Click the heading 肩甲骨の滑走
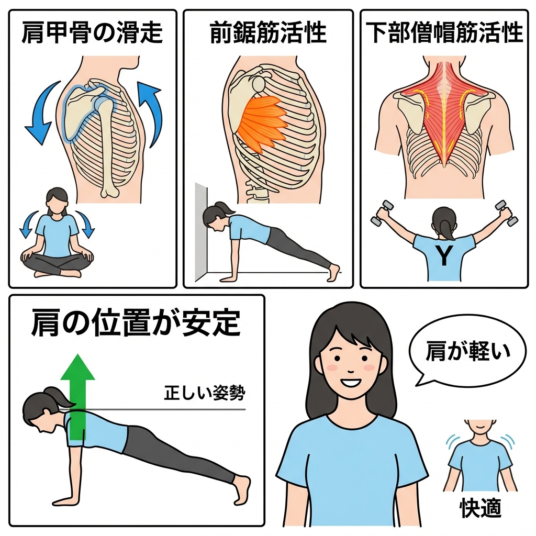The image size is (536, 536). point(92,32)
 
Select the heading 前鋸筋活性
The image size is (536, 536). point(269,32)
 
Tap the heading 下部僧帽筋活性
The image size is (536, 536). point(444,32)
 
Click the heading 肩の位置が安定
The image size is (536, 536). point(136,322)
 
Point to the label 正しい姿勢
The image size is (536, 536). point(205,393)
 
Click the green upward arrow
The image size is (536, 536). point(78,397)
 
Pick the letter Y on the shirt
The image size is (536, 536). point(444,255)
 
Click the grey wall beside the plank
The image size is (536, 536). point(201,231)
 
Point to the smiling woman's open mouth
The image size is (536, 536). point(350,381)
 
